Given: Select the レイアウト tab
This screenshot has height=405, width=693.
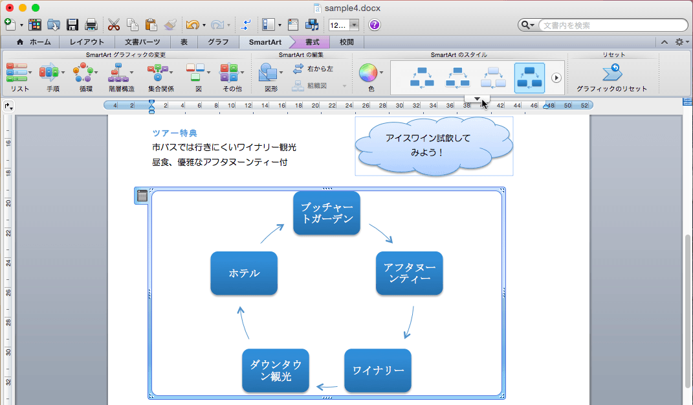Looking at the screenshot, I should (x=87, y=42).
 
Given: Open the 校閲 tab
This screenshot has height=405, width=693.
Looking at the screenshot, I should (x=347, y=42).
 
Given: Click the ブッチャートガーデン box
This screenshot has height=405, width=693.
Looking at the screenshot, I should (x=327, y=213).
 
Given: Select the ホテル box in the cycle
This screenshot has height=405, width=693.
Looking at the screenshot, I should (x=244, y=273).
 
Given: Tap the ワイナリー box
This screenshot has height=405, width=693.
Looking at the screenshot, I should (x=378, y=371).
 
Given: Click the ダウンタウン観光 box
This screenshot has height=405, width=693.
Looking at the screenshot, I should (x=276, y=371).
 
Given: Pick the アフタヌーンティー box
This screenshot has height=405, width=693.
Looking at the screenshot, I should (x=410, y=273).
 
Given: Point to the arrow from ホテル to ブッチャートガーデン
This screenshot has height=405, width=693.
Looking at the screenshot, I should (x=272, y=234).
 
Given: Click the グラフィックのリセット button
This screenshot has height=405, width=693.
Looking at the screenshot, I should (x=611, y=77).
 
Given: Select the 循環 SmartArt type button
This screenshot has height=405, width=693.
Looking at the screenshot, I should (x=85, y=77).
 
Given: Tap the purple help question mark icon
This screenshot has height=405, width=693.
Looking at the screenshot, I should (x=375, y=25).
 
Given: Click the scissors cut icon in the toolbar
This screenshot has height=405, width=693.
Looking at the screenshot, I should (x=114, y=25).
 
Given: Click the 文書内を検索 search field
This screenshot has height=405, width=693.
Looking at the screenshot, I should (x=611, y=25).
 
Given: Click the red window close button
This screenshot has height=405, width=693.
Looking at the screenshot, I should (x=10, y=8).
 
